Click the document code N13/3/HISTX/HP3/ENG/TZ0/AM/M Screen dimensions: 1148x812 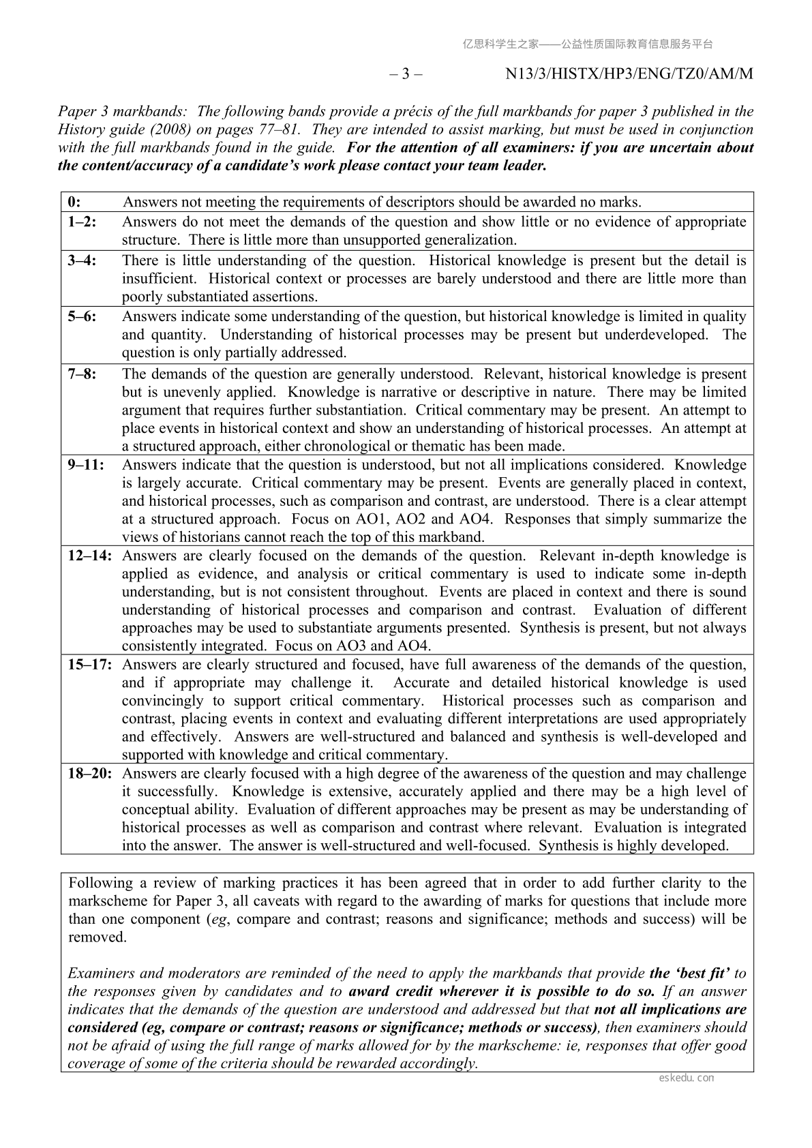629,74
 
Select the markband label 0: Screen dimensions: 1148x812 75,202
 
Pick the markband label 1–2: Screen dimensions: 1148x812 82,222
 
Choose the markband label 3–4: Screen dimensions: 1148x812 82,260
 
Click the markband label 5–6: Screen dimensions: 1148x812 82,316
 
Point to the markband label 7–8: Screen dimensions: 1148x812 82,374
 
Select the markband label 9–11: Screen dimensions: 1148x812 86,465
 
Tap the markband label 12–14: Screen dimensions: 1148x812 89,556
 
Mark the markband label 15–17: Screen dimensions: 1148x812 89,665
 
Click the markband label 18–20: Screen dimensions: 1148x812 89,773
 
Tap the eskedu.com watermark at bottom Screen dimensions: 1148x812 687,1078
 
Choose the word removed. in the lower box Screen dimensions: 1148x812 97,937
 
